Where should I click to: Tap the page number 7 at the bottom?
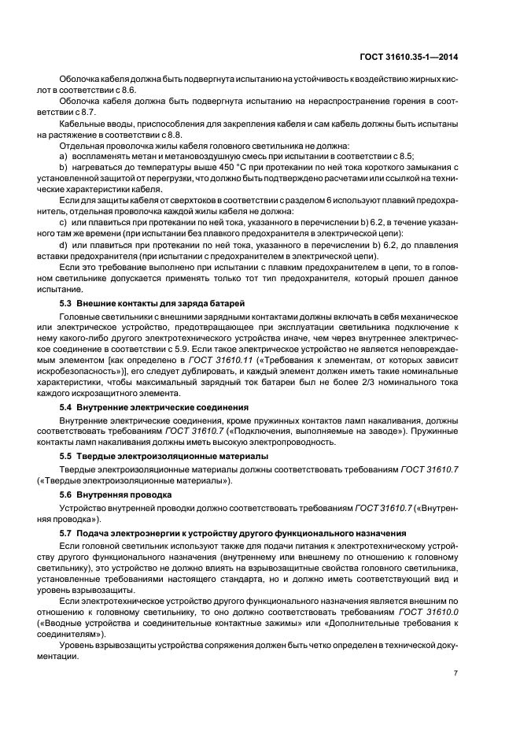click(x=457, y=673)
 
